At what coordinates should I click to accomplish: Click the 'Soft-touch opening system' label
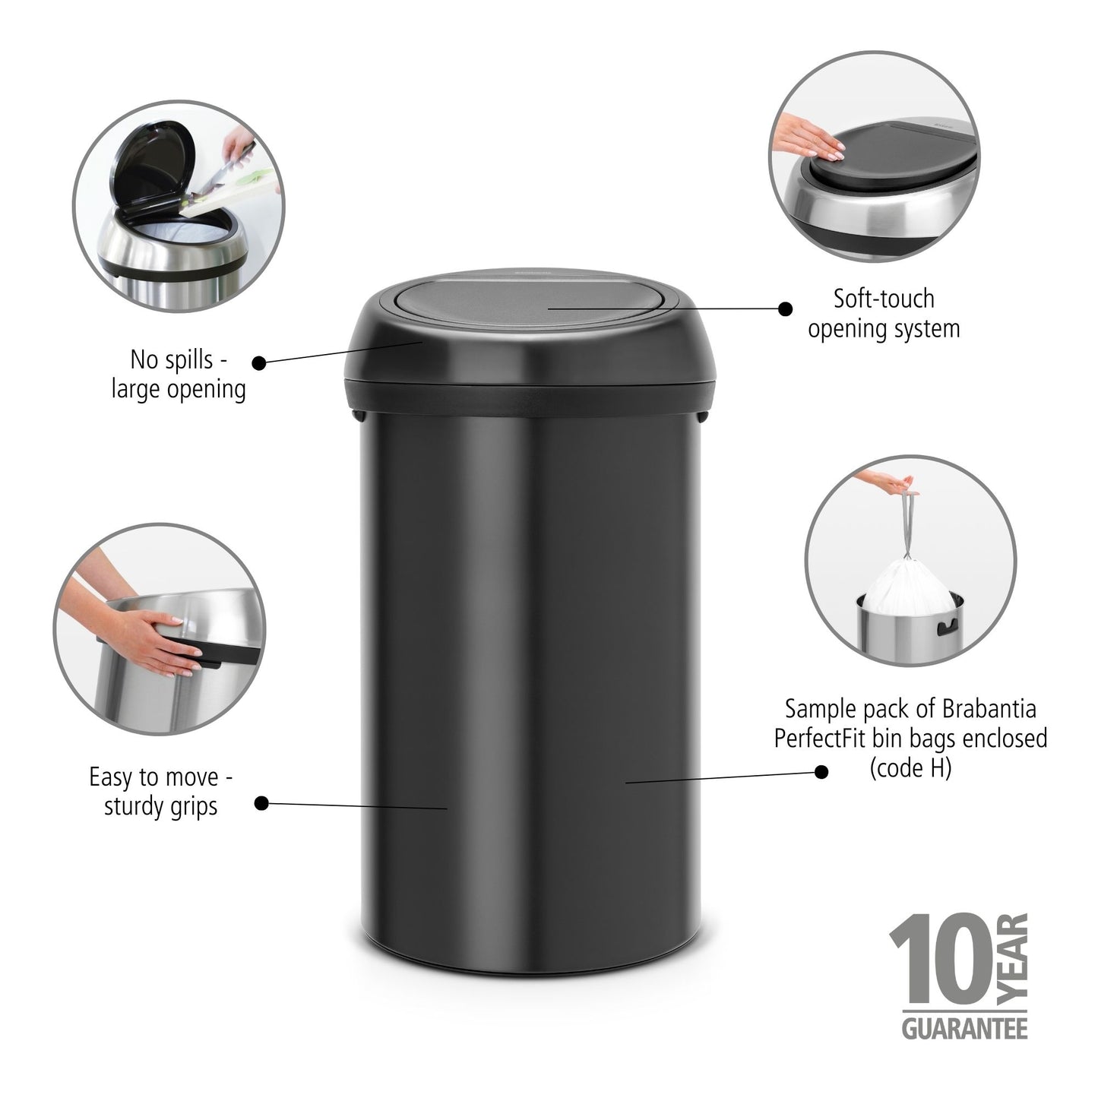[884, 313]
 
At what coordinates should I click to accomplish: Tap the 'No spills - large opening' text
[179, 374]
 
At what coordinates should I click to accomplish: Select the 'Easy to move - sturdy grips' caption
[161, 791]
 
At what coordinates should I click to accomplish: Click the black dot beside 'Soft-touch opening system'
[786, 309]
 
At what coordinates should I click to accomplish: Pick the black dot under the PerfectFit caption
[821, 771]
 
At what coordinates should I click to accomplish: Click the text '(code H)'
[910, 769]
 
